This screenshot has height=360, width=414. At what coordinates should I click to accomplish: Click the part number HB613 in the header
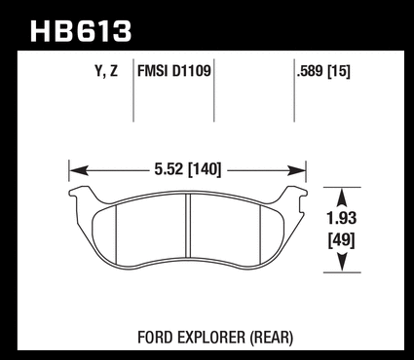pos(81,31)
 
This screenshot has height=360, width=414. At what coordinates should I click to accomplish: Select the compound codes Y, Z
pos(106,71)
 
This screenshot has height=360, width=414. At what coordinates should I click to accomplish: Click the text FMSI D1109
pos(174,70)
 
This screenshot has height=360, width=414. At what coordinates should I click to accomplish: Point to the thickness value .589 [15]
pos(323,71)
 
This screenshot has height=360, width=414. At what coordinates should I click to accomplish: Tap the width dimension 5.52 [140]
pos(188,169)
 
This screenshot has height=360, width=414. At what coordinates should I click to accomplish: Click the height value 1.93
pos(342,218)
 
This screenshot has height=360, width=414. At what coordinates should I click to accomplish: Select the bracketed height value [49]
pos(342,240)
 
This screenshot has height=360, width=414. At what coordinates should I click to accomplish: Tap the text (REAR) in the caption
pos(272,338)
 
